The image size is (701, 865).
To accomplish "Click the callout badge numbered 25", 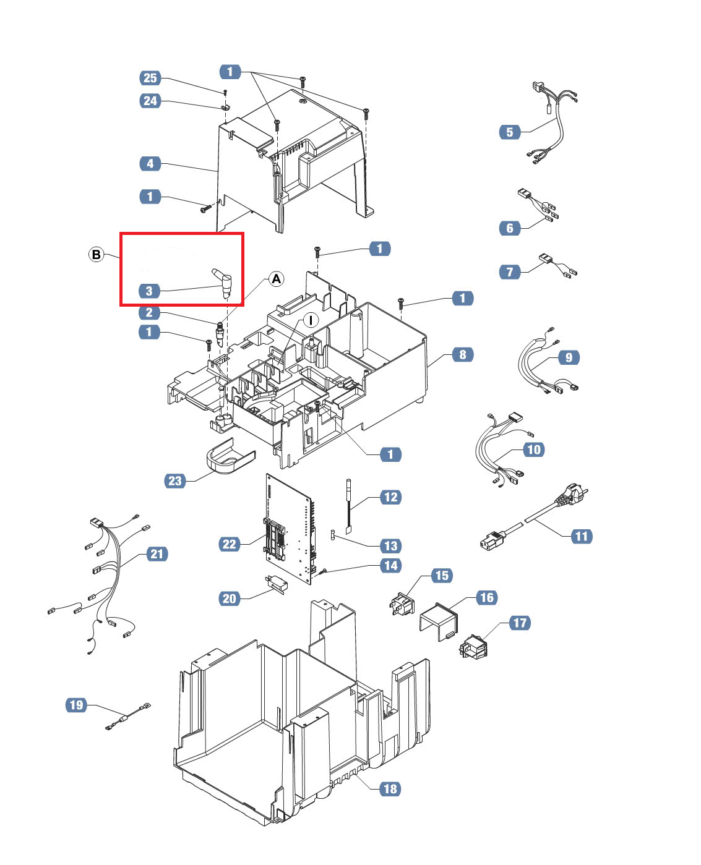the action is point(150,77).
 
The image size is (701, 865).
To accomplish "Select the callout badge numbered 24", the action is point(150,100).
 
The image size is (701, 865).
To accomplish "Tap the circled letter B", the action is point(97,255).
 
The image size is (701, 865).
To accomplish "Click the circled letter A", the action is point(277,279).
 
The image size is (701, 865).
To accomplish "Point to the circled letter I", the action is point(311,320).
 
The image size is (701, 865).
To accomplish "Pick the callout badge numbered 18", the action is point(390,789).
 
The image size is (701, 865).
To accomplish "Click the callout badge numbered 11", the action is point(582,536).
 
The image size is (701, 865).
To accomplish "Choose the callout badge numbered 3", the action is point(149,291).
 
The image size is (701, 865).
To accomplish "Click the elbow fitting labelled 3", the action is point(223,282).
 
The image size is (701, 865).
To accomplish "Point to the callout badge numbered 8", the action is point(462,354).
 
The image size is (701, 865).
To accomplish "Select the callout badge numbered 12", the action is point(390,497).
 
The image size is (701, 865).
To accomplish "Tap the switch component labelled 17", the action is point(473,647).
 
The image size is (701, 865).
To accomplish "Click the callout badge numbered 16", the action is point(487,597).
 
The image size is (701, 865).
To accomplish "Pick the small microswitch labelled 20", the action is point(277,584).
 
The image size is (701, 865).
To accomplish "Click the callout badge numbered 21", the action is point(157,554).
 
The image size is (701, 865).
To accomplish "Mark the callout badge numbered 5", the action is point(510,132).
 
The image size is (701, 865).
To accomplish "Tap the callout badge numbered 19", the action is point(76,705).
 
